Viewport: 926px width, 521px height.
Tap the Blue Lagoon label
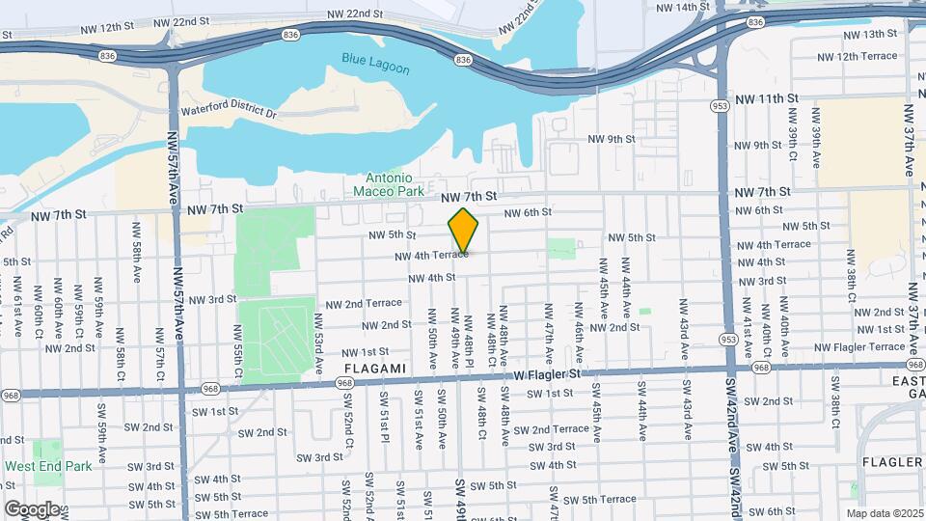click(x=375, y=69)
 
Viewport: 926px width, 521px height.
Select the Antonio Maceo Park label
click(x=390, y=184)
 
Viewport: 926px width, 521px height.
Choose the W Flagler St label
click(x=549, y=372)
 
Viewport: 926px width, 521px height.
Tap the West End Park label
click(x=48, y=466)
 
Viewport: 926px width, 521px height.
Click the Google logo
click(x=32, y=508)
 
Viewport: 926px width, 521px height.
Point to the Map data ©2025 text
click(x=885, y=512)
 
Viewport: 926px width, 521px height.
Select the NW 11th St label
click(x=767, y=99)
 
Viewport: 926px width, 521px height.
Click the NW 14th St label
click(x=680, y=7)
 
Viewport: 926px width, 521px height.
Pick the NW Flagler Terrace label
click(x=859, y=347)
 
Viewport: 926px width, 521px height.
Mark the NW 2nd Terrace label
click(x=364, y=303)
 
